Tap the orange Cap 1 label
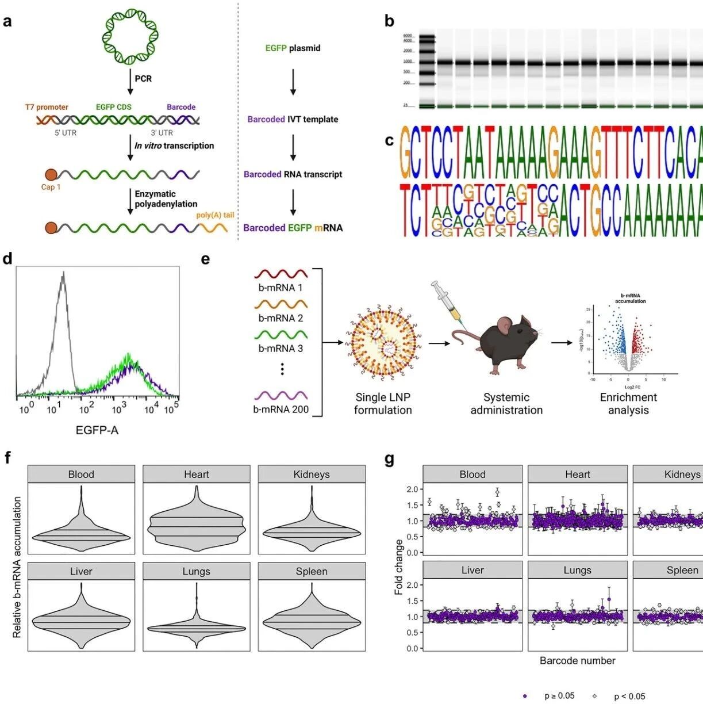(51, 188)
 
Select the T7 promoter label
(47, 107)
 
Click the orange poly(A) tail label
(215, 215)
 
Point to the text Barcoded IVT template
(293, 119)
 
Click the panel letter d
(7, 259)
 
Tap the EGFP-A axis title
(97, 430)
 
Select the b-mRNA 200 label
(281, 410)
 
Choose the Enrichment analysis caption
(628, 404)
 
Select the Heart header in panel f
(197, 475)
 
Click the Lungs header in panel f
(197, 571)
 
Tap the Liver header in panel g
(472, 570)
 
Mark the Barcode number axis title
(577, 661)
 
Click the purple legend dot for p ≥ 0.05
(525, 697)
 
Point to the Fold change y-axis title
(399, 567)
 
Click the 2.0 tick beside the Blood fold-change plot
(412, 489)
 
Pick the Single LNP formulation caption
(383, 404)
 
